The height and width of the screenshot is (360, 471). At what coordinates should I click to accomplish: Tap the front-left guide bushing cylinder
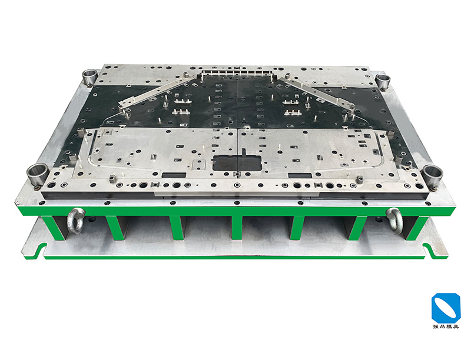pyautogui.click(x=37, y=175)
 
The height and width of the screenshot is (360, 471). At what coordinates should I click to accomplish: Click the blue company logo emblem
pyautogui.click(x=446, y=307)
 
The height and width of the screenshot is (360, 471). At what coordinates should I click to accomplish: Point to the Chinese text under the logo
pyautogui.click(x=446, y=326)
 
